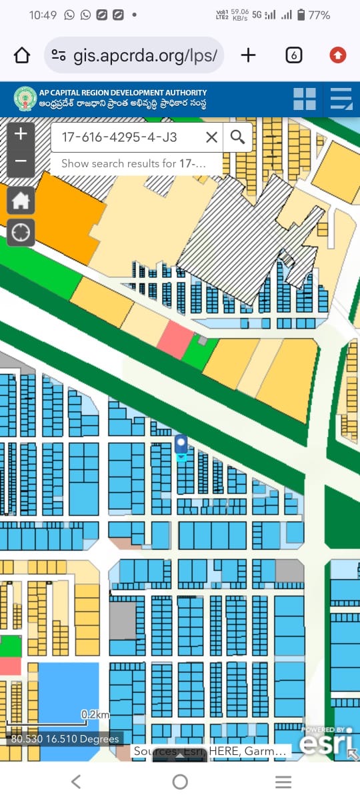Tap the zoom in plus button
tap(21, 134)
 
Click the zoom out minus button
tap(21, 161)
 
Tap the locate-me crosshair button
tap(21, 233)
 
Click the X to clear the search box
tap(211, 138)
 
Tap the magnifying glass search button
tap(237, 138)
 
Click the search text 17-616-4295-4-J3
tap(119, 138)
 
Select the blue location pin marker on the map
tap(181, 444)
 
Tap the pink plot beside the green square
tap(175, 339)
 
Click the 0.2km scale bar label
tap(95, 714)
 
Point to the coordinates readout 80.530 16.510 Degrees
tap(65, 738)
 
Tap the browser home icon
tap(22, 55)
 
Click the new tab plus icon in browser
tap(248, 55)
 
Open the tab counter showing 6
tap(293, 55)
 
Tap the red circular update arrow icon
tap(337, 55)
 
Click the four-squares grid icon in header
tap(305, 99)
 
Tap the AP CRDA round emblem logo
tap(25, 99)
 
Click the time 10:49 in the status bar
tap(43, 15)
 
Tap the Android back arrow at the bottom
tap(76, 782)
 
